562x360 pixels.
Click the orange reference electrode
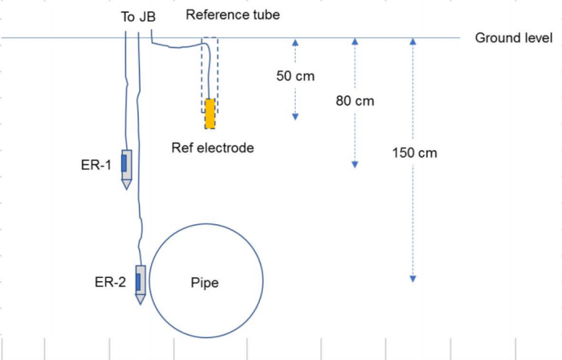point(210,114)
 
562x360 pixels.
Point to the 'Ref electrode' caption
point(213,148)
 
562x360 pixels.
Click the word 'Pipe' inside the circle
point(205,283)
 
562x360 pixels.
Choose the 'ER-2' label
point(110,282)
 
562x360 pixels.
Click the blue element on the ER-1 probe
point(124,163)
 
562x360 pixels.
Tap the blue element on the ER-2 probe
point(138,281)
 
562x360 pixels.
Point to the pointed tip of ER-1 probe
point(126,186)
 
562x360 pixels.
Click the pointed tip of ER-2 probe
point(140,301)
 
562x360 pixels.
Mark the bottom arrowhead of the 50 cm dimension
point(296,116)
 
